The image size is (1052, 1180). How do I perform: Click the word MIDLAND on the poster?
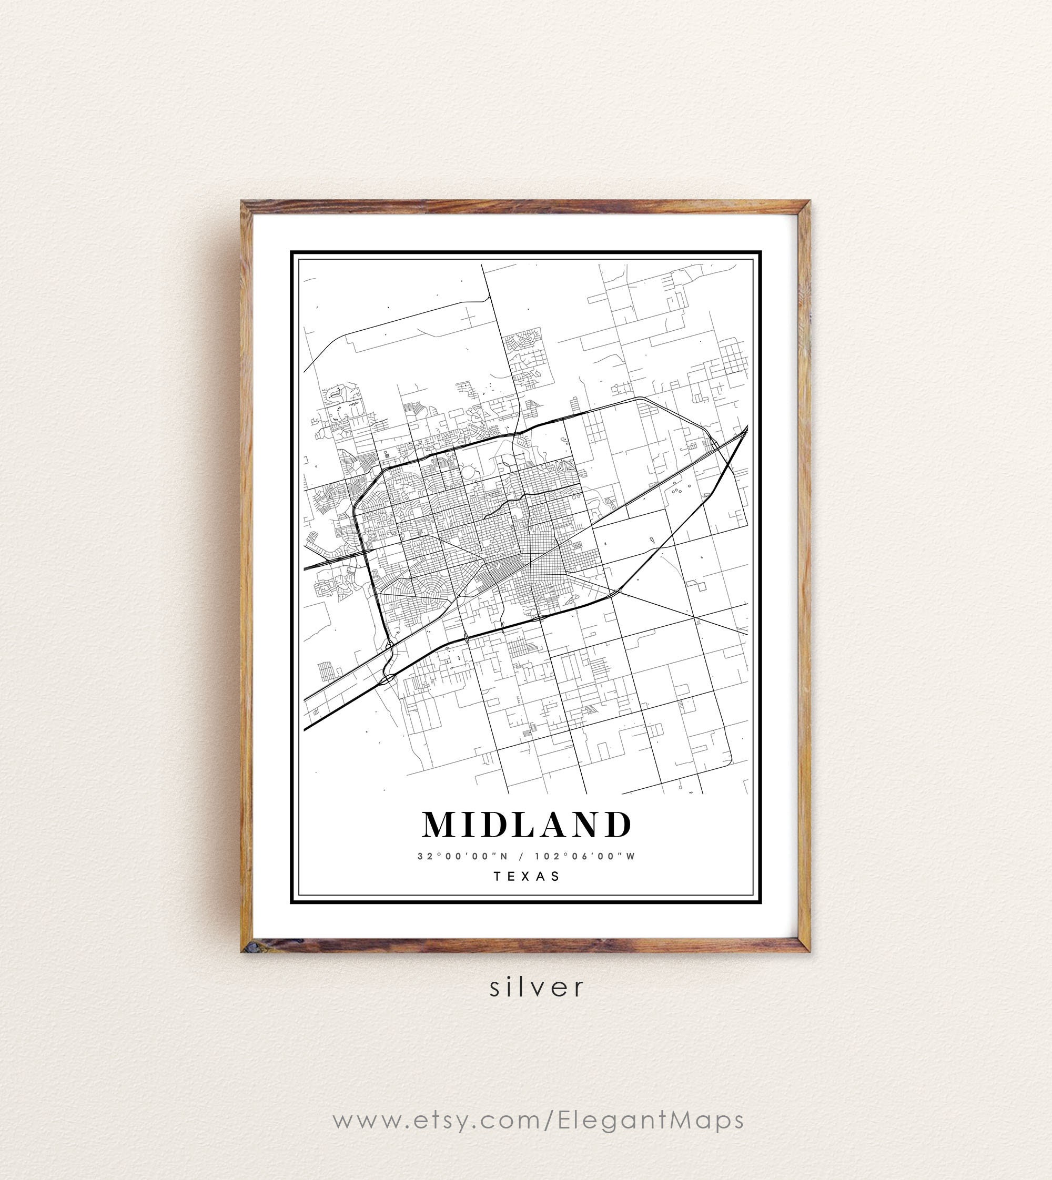point(527,825)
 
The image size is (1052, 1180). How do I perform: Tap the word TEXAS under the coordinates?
point(527,876)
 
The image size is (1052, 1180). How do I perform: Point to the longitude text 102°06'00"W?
point(585,857)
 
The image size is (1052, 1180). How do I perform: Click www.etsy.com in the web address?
point(437,1120)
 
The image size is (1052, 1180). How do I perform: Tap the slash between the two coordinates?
point(522,857)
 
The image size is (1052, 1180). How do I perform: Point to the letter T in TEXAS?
point(497,876)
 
